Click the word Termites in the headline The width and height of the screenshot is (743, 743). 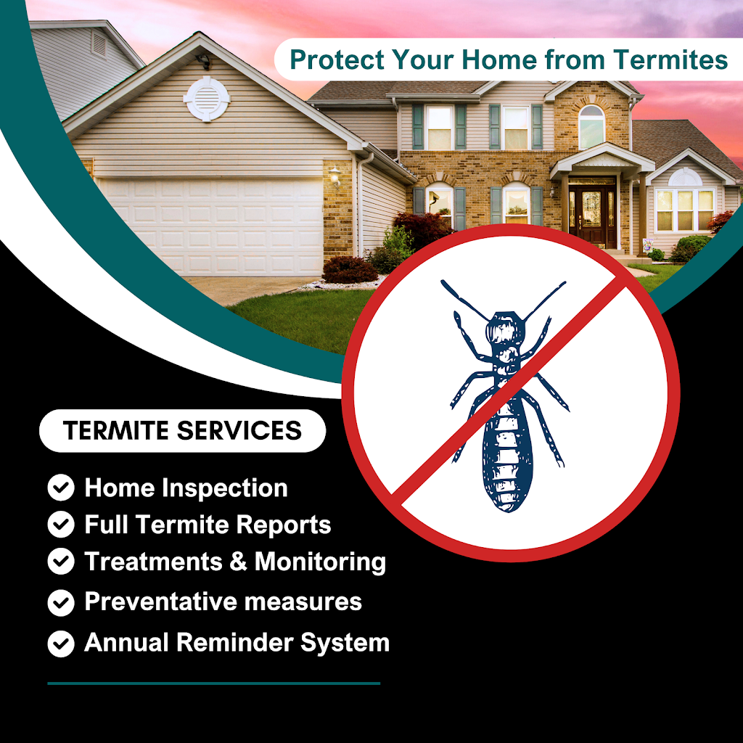670,59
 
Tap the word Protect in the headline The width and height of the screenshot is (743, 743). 337,59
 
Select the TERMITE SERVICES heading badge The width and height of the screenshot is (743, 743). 182,430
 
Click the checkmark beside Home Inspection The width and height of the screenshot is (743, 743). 61,488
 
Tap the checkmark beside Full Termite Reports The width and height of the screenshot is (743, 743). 61,524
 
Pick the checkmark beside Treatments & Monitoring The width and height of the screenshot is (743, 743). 61,561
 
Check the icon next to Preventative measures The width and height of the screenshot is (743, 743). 61,603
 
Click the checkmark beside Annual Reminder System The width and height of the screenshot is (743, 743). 61,644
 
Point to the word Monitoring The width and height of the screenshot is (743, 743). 320,562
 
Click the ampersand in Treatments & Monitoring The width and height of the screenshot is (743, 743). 238,561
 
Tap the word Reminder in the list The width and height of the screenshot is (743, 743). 234,643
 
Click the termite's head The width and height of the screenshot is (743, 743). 506,327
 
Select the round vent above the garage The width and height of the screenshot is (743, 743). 207,99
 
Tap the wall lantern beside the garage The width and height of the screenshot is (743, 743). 335,176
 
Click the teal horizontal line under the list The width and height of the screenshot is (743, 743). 214,684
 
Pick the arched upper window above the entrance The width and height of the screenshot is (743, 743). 591,127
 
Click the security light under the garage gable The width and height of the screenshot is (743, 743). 204,61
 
